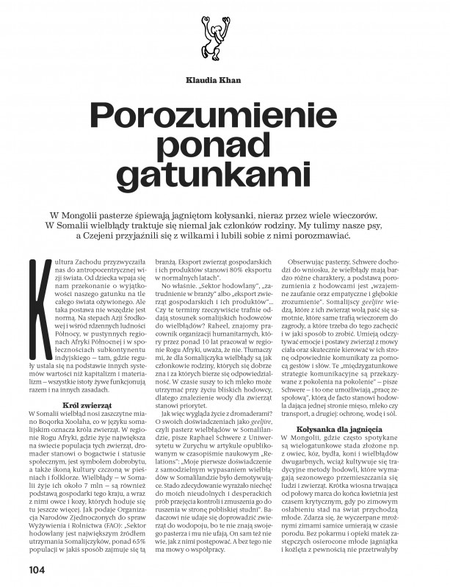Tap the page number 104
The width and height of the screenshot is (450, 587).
tap(37, 569)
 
